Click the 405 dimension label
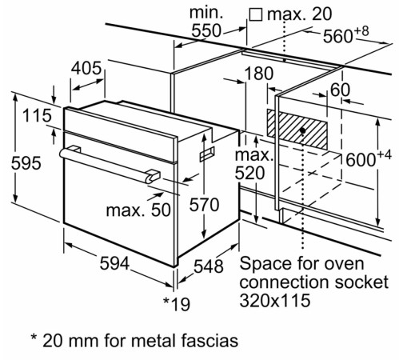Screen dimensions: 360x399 tap(86, 69)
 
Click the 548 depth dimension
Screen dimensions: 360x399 tap(209, 266)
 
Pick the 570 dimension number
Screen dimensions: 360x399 tap(203, 204)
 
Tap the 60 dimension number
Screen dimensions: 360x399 tap(340, 90)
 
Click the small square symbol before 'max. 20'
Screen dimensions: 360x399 tap(256, 14)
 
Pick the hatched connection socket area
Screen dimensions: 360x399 tap(297, 128)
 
